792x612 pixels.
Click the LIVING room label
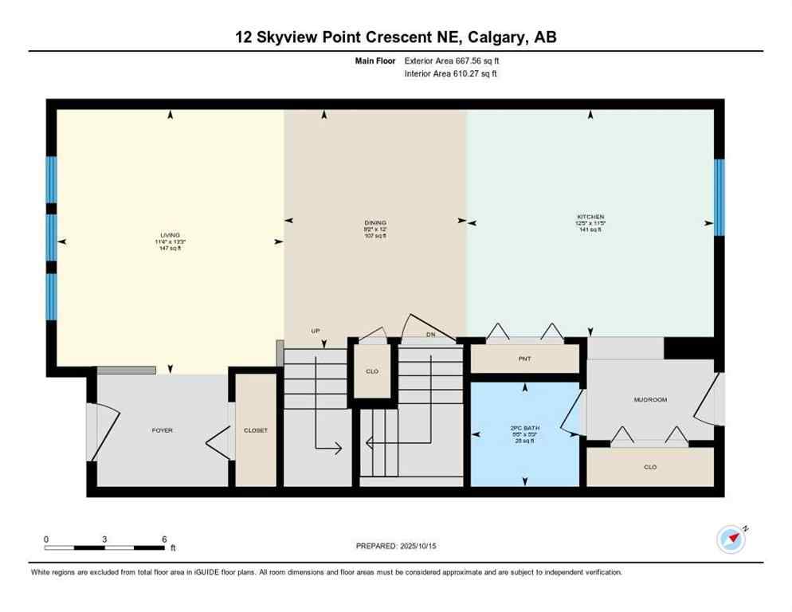pos(168,235)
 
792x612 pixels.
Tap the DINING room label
pos(375,223)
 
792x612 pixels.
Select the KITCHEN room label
pos(590,217)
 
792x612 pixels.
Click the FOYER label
pos(163,430)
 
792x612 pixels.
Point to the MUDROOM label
pos(650,399)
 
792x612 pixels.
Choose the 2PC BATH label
pos(525,428)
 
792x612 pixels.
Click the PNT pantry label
pos(524,359)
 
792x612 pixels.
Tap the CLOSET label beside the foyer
pos(256,430)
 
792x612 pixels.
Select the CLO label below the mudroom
pos(650,467)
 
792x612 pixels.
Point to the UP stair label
pos(316,331)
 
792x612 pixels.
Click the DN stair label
pos(430,335)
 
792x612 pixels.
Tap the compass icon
pos(731,539)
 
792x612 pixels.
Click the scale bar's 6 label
pos(163,539)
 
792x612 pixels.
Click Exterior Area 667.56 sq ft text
pos(452,61)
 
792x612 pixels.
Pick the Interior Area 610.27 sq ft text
pos(451,74)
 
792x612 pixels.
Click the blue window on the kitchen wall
pos(719,198)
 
